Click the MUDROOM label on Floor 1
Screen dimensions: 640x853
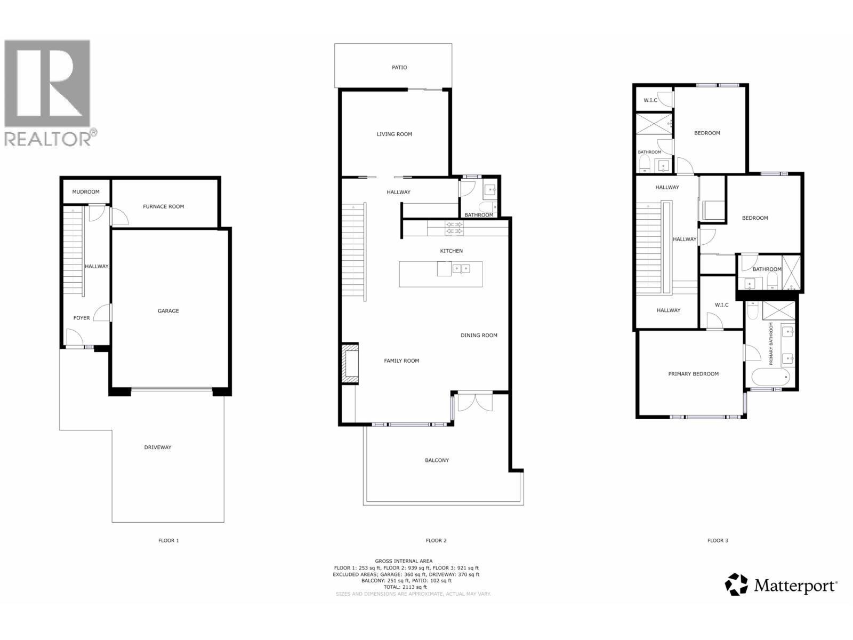click(x=86, y=192)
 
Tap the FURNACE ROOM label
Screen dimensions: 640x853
click(x=163, y=206)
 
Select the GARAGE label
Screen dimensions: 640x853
click(x=168, y=311)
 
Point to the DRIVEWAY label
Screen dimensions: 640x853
click(x=158, y=447)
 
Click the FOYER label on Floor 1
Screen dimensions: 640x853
click(x=82, y=318)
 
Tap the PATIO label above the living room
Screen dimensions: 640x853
click(x=399, y=68)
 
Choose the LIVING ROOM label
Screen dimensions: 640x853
click(x=395, y=134)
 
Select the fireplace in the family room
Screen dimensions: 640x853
click(x=350, y=363)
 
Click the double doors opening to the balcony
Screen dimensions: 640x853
click(x=475, y=402)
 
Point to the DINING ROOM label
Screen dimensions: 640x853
click(x=479, y=335)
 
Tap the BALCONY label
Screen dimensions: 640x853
click(x=437, y=460)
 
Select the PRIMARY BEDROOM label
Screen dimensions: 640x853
click(x=693, y=374)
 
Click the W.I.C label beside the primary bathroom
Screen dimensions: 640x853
click(x=721, y=305)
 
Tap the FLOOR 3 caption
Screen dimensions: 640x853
click(x=718, y=541)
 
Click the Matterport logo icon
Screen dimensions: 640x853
click(x=736, y=585)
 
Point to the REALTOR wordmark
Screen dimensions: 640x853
click(x=48, y=139)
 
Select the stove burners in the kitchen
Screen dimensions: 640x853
click(x=454, y=228)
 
